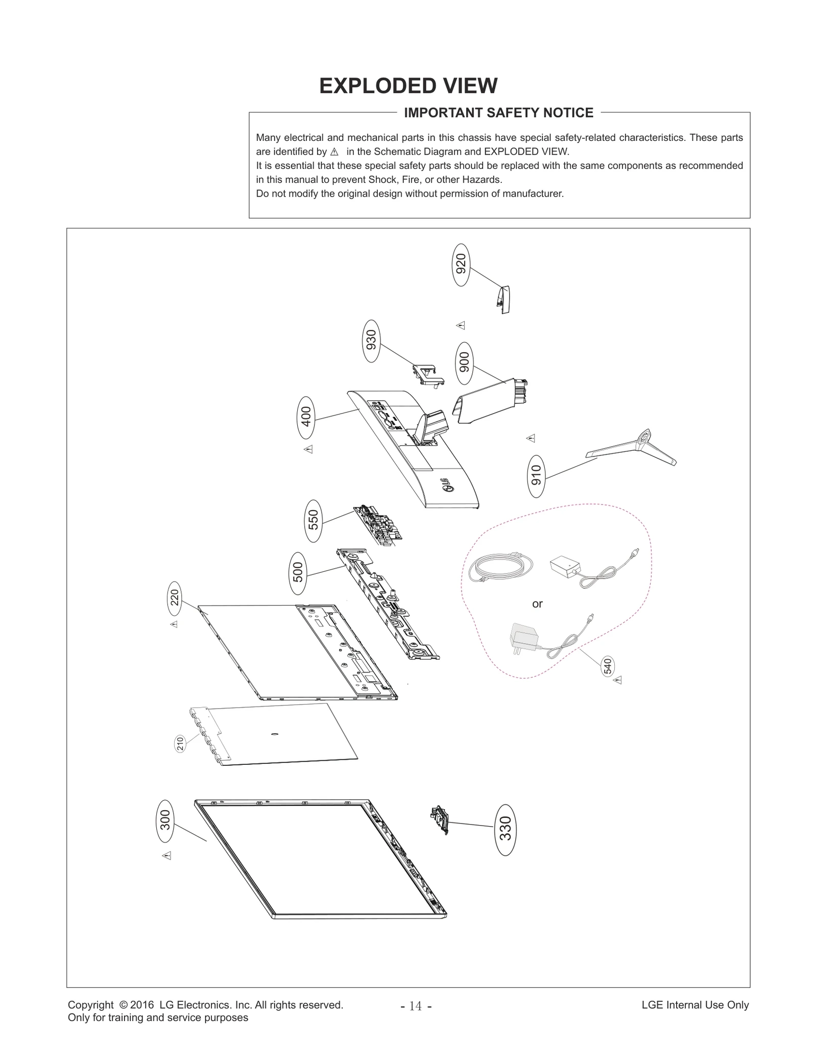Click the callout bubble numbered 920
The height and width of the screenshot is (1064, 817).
pyautogui.click(x=461, y=265)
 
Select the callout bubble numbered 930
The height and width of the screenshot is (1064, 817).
pyautogui.click(x=372, y=341)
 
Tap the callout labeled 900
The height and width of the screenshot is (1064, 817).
pyautogui.click(x=464, y=363)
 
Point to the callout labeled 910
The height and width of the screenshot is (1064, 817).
pyautogui.click(x=536, y=476)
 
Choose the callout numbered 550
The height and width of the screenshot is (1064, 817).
pyautogui.click(x=314, y=521)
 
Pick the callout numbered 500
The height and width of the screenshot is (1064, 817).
pyautogui.click(x=298, y=573)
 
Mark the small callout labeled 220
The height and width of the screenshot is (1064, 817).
pyautogui.click(x=175, y=597)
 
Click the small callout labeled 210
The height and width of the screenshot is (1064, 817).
pyautogui.click(x=180, y=744)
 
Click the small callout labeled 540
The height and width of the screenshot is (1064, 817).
pyautogui.click(x=607, y=666)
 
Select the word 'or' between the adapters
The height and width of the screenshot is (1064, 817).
pyautogui.click(x=537, y=604)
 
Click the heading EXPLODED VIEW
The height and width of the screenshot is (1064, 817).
pyautogui.click(x=408, y=86)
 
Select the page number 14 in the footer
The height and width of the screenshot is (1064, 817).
pyautogui.click(x=416, y=1006)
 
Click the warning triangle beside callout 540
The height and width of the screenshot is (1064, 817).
pyautogui.click(x=618, y=680)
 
